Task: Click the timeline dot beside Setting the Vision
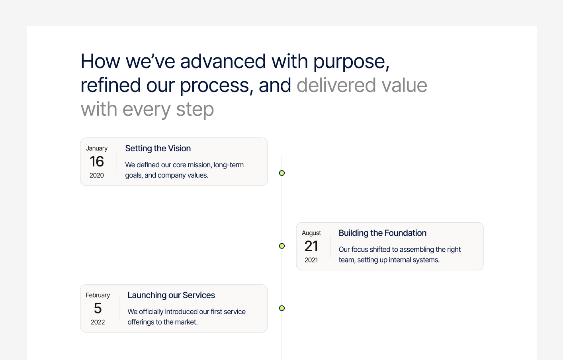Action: [282, 173]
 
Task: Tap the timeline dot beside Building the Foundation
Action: [282, 246]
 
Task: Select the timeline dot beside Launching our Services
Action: [282, 308]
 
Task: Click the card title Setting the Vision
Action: [158, 149]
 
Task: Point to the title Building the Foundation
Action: [382, 233]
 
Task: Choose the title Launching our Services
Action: [171, 295]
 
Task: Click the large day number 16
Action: [97, 162]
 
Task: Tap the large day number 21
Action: [311, 246]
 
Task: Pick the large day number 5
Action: [98, 308]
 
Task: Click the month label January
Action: [97, 149]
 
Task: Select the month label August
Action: [311, 233]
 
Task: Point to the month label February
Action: [98, 295]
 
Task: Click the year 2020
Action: [97, 175]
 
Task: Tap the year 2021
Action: [311, 260]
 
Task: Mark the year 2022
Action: [98, 322]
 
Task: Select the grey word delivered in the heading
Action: [336, 85]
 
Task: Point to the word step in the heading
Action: [195, 110]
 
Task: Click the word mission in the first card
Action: [199, 165]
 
